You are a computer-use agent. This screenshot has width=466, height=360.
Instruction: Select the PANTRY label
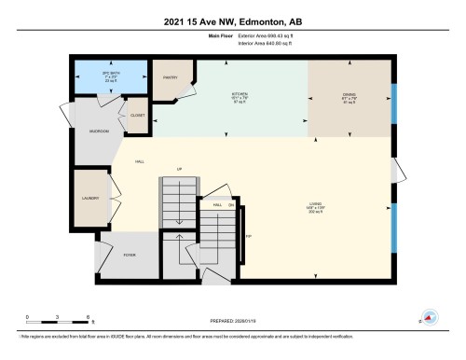(171, 78)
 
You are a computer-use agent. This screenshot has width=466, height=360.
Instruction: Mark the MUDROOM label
(100, 132)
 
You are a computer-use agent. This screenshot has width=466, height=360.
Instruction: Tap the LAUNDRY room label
(89, 199)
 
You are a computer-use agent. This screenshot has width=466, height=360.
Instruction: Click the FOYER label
(130, 255)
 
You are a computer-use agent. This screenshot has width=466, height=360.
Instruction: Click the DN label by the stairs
(231, 204)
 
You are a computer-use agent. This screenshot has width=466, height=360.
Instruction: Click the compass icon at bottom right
(431, 317)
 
